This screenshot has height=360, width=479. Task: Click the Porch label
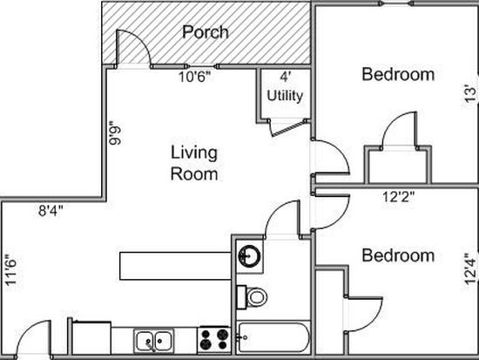[206, 32]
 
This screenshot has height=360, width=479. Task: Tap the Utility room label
[285, 96]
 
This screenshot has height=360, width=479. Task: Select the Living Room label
[194, 163]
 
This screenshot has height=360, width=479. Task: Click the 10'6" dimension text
[194, 77]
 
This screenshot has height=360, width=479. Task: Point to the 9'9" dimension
[116, 135]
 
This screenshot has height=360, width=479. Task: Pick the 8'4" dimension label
[51, 211]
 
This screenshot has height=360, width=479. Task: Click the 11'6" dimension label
[11, 270]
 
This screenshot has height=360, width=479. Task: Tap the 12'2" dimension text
[399, 197]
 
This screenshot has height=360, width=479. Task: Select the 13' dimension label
[471, 95]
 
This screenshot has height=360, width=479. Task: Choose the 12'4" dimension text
[471, 269]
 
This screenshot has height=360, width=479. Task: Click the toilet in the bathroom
[253, 296]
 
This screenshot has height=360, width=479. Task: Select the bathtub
[273, 337]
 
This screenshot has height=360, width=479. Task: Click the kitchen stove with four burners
[214, 340]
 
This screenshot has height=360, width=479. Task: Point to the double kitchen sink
[154, 341]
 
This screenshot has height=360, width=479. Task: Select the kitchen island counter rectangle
[175, 266]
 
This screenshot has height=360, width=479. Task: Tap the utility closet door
[287, 129]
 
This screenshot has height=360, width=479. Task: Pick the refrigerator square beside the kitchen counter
[91, 338]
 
